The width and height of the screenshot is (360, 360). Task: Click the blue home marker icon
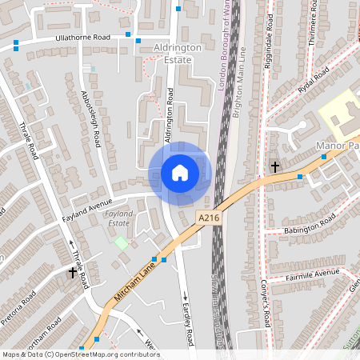point(180,173)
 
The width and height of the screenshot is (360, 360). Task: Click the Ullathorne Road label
point(78,38)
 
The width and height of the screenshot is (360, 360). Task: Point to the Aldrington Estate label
point(172,54)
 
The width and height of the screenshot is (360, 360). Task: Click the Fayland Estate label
point(119,219)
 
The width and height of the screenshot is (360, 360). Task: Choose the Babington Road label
point(311,226)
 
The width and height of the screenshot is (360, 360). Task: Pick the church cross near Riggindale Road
point(274,167)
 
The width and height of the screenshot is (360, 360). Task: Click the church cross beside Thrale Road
point(72,273)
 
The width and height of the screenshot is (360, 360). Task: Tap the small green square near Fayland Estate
point(121,242)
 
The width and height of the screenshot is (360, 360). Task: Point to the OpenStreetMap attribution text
point(81,354)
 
